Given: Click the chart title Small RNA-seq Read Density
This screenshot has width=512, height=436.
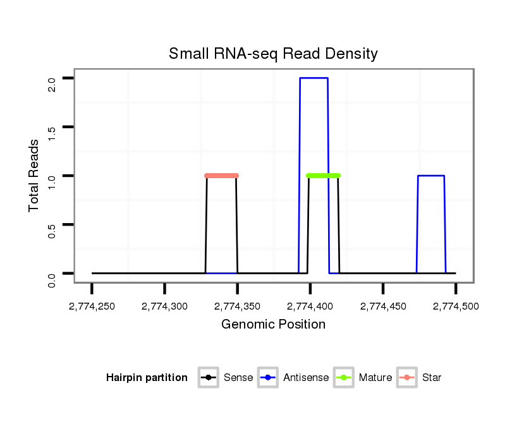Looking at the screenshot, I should pos(273,54).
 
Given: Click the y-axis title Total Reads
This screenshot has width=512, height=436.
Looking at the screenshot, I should pos(34,176).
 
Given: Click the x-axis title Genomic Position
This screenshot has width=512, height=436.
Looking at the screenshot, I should pos(273,325).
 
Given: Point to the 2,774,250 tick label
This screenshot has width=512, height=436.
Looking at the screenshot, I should pos(92,306).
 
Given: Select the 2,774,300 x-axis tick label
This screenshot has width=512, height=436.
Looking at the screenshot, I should pos(165,306).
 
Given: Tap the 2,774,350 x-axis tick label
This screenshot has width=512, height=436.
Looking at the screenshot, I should pos(238,306).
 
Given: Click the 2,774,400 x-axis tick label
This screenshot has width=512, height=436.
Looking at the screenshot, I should pos(310,306).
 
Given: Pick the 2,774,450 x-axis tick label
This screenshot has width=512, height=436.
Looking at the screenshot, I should pos(383,306).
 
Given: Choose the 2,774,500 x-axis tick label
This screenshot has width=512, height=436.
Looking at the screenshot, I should pos(456,306).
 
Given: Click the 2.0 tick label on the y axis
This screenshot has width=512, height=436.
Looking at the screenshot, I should pos(52,78).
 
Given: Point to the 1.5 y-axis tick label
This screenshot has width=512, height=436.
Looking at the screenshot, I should pos(52,127).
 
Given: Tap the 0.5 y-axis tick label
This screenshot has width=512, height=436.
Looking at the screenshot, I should pos(52,224).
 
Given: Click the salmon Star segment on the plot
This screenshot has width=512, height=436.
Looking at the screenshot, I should pos(221,176).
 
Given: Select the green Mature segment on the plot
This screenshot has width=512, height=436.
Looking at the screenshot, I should pos(323,176).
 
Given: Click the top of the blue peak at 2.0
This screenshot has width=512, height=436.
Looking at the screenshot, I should pos(314,78).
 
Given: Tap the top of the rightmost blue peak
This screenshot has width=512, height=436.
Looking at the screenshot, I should pos(431,176).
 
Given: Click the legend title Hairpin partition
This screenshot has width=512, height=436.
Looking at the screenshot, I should pos(147,378).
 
